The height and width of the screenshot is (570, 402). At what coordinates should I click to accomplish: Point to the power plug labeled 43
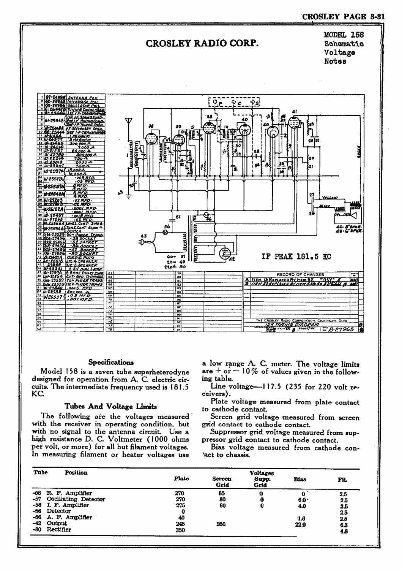click(x=148, y=243)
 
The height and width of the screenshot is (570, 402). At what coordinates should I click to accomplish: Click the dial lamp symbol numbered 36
click(x=165, y=233)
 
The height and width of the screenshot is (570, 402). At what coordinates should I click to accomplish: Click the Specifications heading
click(x=110, y=362)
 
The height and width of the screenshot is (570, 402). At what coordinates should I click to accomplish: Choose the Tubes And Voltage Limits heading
click(x=110, y=406)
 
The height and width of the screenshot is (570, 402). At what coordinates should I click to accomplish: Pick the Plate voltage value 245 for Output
click(x=180, y=523)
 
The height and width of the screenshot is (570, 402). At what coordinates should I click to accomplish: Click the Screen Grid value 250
click(x=221, y=524)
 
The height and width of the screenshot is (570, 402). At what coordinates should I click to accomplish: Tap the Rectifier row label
click(x=59, y=529)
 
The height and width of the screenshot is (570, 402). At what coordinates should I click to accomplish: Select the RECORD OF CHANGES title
click(x=300, y=274)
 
